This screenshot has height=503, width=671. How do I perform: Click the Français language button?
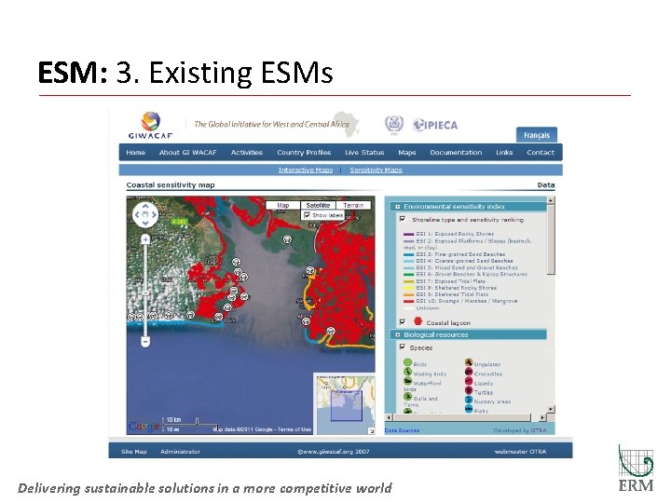pyautogui.click(x=536, y=135)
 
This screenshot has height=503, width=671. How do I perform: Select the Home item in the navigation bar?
pyautogui.click(x=136, y=153)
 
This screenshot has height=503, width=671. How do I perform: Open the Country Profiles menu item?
pyautogui.click(x=304, y=153)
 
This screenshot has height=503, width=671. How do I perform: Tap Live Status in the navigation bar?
pyautogui.click(x=364, y=153)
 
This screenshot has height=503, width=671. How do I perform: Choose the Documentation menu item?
pyautogui.click(x=456, y=153)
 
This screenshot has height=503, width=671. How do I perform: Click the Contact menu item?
pyautogui.click(x=540, y=153)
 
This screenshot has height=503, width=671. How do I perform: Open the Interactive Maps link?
pyautogui.click(x=305, y=170)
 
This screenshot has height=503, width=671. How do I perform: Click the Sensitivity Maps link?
pyautogui.click(x=376, y=170)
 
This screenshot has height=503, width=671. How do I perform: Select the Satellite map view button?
pyautogui.click(x=318, y=205)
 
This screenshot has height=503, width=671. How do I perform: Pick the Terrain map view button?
pyautogui.click(x=353, y=205)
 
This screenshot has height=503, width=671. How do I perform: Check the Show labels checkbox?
pyautogui.click(x=307, y=215)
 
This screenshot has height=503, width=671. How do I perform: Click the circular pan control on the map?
pyautogui.click(x=145, y=216)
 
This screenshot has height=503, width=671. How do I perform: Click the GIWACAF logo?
pyautogui.click(x=151, y=125)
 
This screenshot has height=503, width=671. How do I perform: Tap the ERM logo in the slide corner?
pyautogui.click(x=637, y=469)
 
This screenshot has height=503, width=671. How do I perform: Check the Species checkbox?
pyautogui.click(x=403, y=347)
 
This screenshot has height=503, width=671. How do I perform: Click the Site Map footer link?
pyautogui.click(x=133, y=452)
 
